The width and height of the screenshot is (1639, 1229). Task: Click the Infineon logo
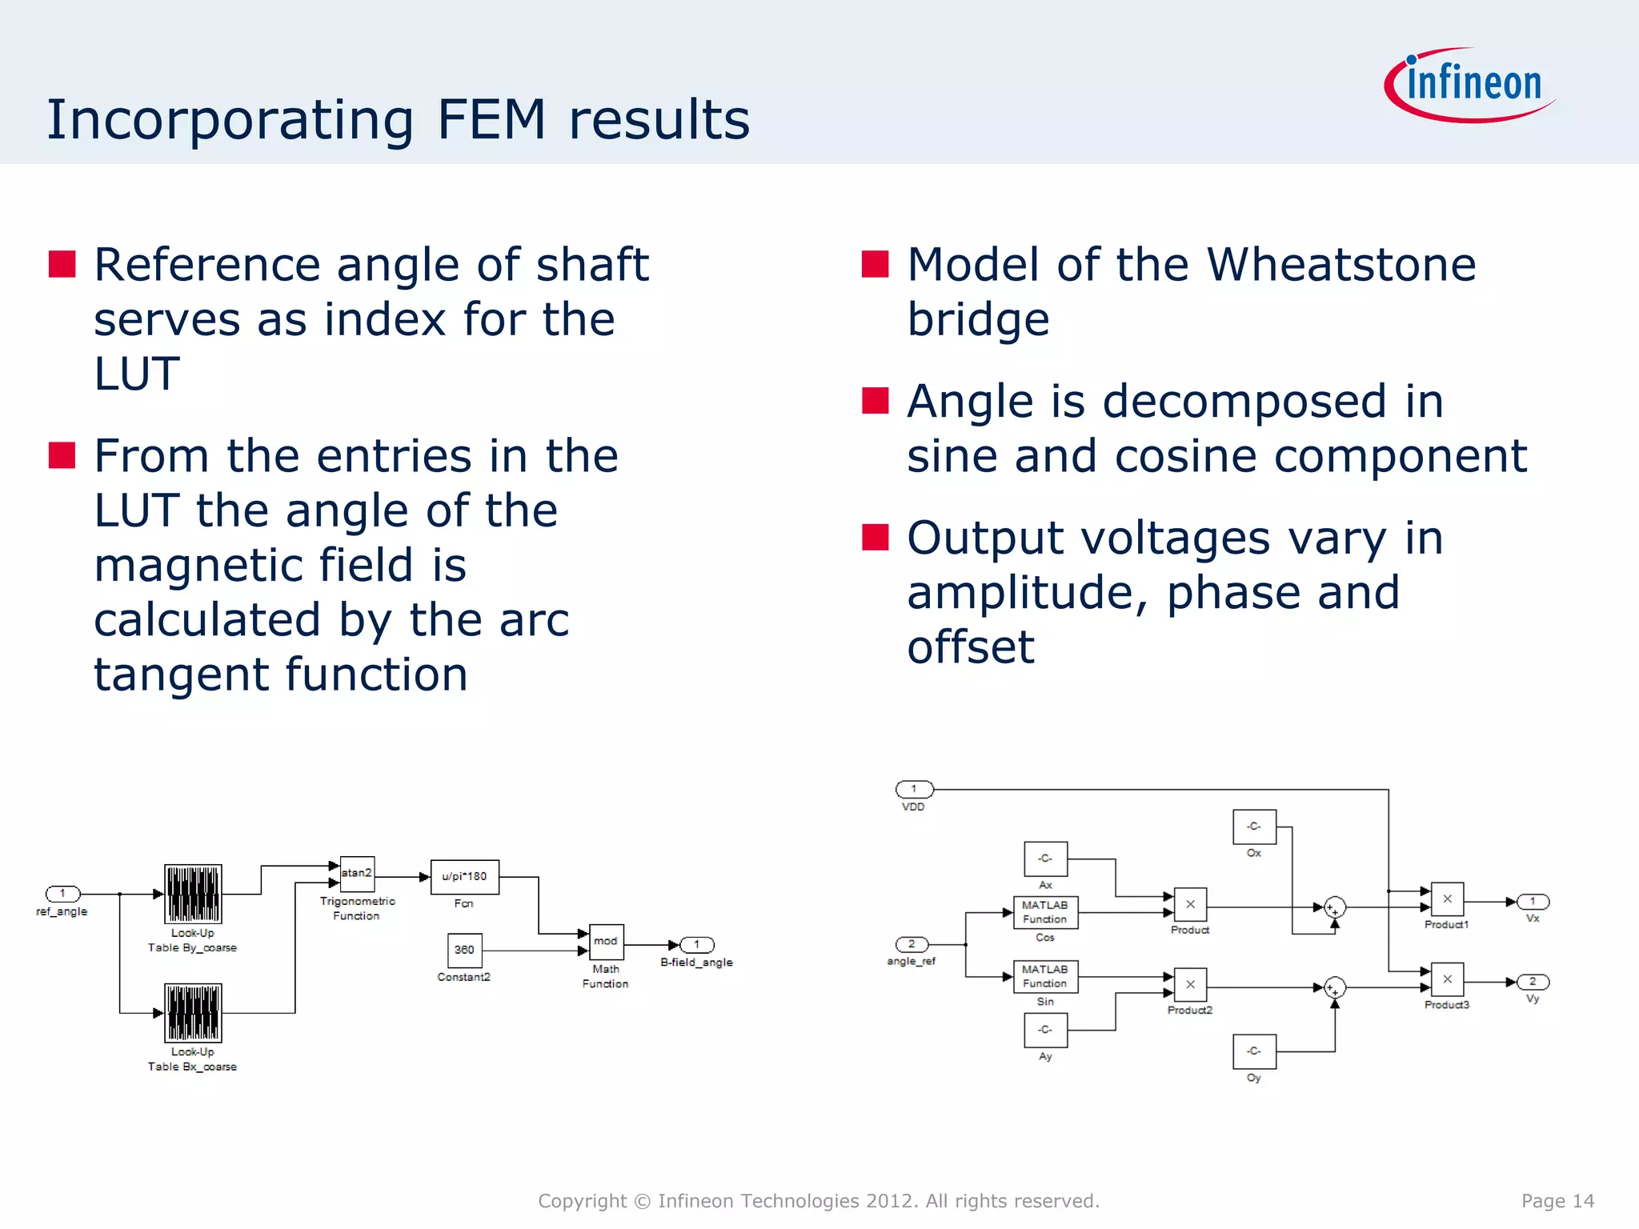tap(1471, 85)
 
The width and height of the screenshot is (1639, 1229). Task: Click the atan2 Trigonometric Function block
tap(357, 873)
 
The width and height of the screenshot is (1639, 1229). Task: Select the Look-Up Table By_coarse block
tap(193, 894)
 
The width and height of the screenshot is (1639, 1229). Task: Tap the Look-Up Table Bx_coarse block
tap(193, 1013)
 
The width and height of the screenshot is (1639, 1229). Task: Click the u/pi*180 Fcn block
tap(464, 877)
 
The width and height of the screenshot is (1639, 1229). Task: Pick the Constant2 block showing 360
tap(464, 951)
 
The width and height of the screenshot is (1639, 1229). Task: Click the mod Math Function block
tap(606, 943)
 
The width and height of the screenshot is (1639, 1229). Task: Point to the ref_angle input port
tap(62, 894)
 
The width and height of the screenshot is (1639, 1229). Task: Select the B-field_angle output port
tap(697, 945)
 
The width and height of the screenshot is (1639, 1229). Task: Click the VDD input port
tap(914, 790)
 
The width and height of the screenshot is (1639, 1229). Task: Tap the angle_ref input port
tap(912, 945)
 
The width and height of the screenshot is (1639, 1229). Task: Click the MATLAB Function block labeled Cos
tap(1045, 912)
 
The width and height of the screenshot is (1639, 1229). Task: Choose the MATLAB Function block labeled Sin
tap(1045, 976)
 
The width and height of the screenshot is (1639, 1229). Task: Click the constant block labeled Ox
tap(1254, 827)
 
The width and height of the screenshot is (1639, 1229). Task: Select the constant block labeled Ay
tap(1045, 1030)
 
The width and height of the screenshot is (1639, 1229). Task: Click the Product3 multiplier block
tap(1447, 979)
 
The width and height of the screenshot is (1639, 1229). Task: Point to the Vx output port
tap(1533, 902)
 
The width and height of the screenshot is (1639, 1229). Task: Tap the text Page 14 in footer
tap(1557, 1201)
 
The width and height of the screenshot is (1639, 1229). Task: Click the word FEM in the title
tap(491, 120)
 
